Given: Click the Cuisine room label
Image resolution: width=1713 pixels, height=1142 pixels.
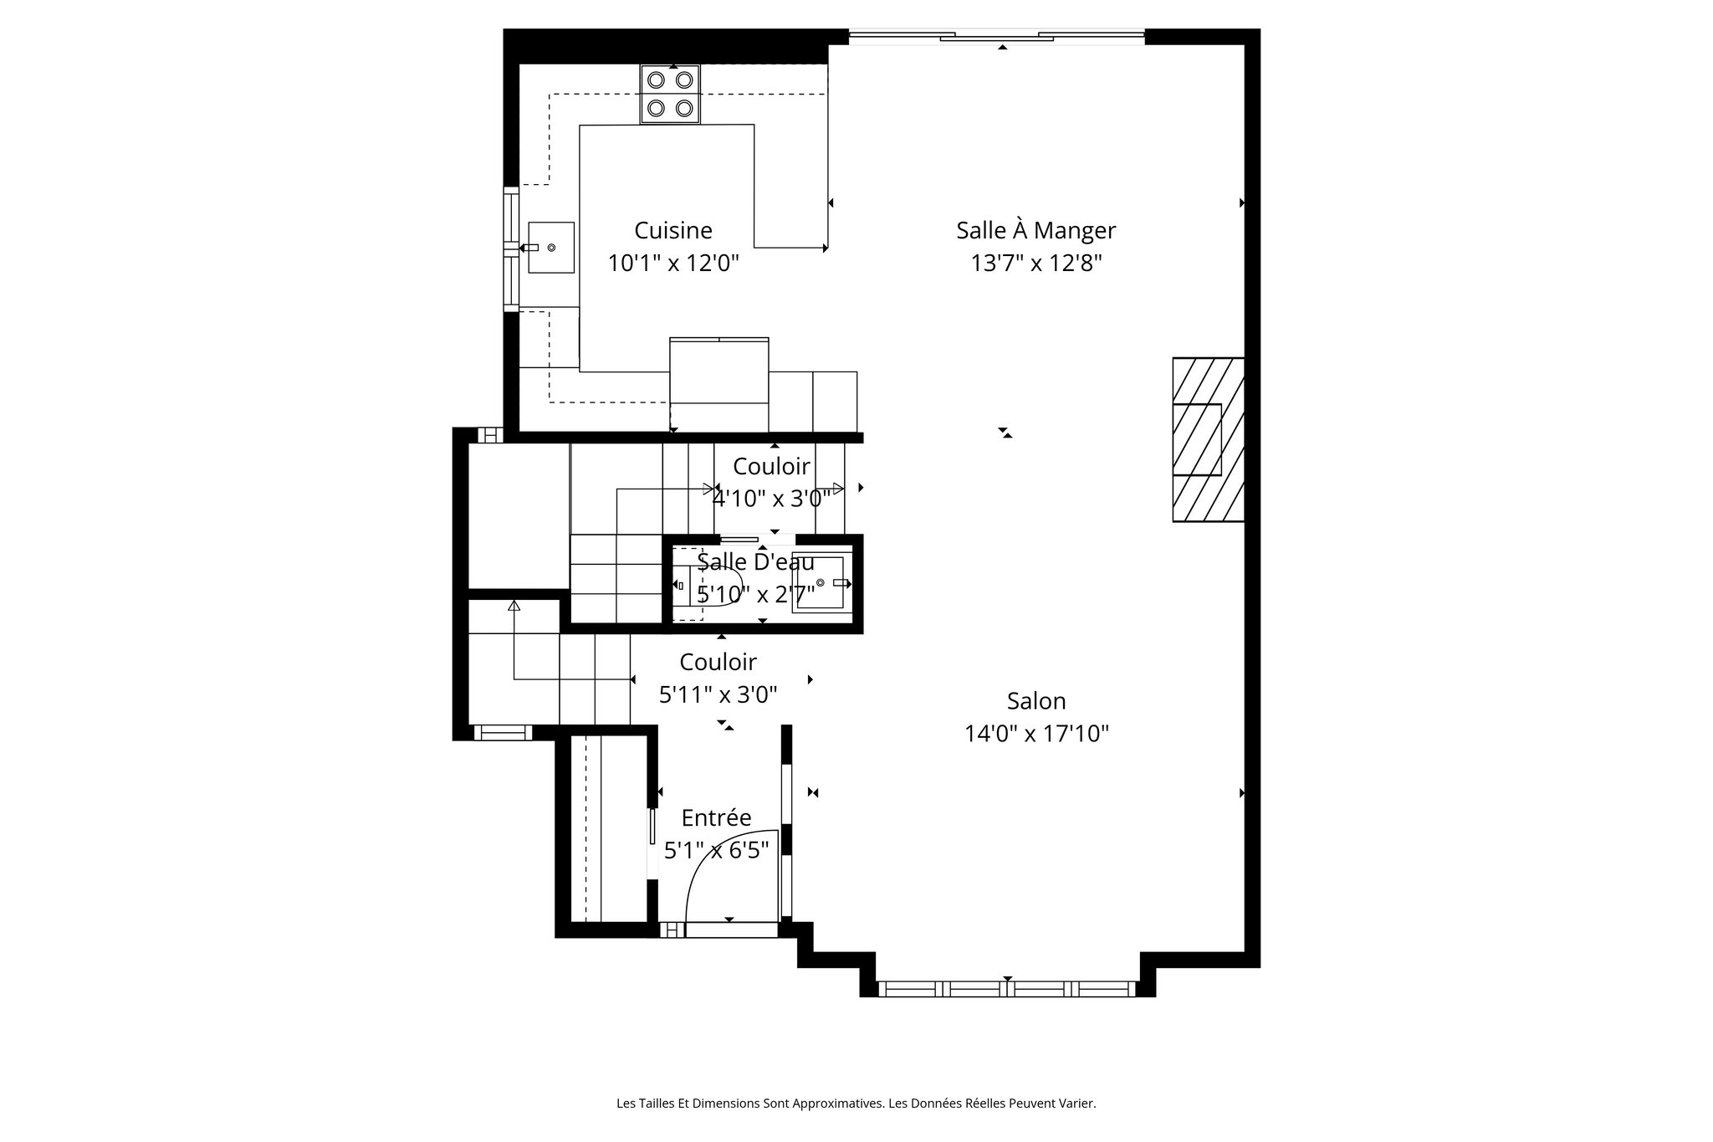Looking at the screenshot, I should (672, 230).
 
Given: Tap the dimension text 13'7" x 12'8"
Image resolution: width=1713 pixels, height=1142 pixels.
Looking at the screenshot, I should (1035, 264).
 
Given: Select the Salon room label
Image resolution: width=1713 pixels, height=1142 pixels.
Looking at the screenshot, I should (1035, 701).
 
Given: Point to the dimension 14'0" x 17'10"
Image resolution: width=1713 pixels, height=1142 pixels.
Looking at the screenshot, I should (1035, 735).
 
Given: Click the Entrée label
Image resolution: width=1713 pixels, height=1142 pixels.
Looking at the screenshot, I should (716, 817).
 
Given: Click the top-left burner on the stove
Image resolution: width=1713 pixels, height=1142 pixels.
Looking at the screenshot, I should (657, 80).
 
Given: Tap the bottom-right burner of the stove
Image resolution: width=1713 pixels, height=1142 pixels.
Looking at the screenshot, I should (684, 108).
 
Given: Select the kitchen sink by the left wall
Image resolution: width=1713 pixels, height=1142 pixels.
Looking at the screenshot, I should (551, 248).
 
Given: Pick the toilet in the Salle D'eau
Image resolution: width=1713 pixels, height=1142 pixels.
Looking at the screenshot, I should (711, 585).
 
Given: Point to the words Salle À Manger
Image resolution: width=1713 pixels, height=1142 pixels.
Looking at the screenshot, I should (1035, 230).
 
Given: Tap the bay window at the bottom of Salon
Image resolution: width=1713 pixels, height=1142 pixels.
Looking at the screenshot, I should (1007, 989).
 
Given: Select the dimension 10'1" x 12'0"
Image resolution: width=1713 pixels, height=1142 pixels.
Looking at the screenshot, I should (672, 264).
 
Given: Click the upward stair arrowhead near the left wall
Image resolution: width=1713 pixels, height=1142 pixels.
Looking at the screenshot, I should (514, 605).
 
